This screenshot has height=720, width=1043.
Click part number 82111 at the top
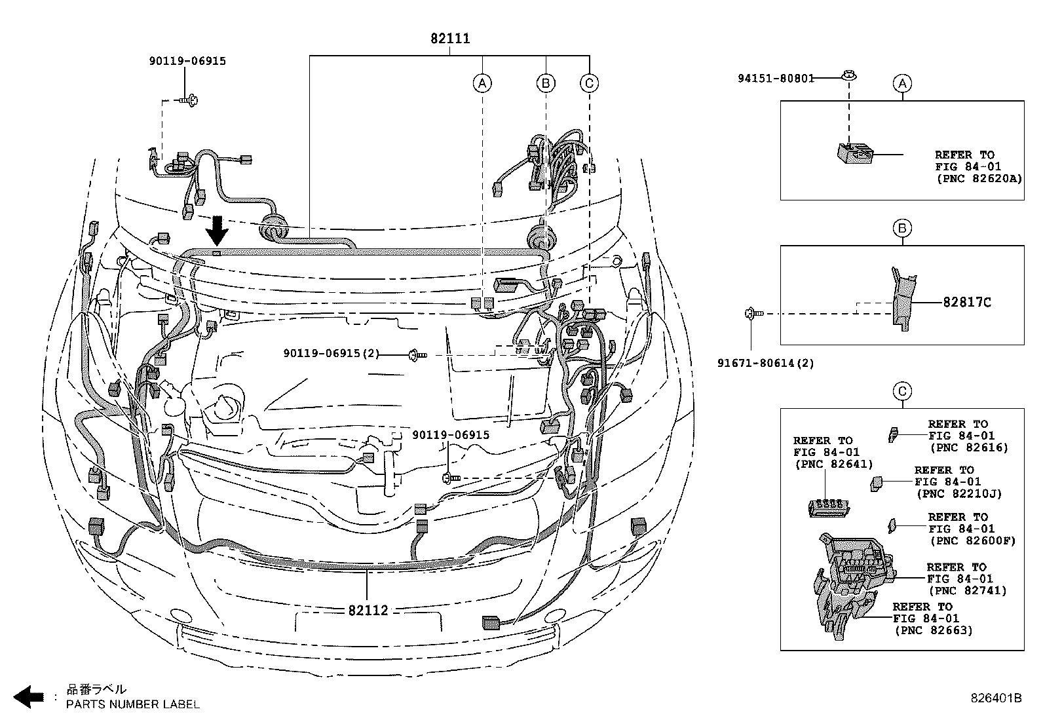tap(450, 39)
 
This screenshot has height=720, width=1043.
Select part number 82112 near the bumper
tap(368, 610)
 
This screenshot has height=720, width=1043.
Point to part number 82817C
tap(967, 302)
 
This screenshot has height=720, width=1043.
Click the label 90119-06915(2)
tap(332, 353)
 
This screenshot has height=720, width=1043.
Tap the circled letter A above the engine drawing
tap(482, 83)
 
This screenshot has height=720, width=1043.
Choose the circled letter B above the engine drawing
tap(545, 83)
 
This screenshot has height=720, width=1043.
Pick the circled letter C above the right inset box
tap(902, 392)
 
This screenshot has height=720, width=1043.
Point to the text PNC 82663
tap(933, 630)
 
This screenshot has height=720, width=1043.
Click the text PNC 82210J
tap(959, 494)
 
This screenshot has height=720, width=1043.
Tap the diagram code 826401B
tap(996, 698)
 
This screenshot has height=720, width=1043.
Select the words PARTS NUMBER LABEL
tap(133, 704)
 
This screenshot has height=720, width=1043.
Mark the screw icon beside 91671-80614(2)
tap(752, 314)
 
